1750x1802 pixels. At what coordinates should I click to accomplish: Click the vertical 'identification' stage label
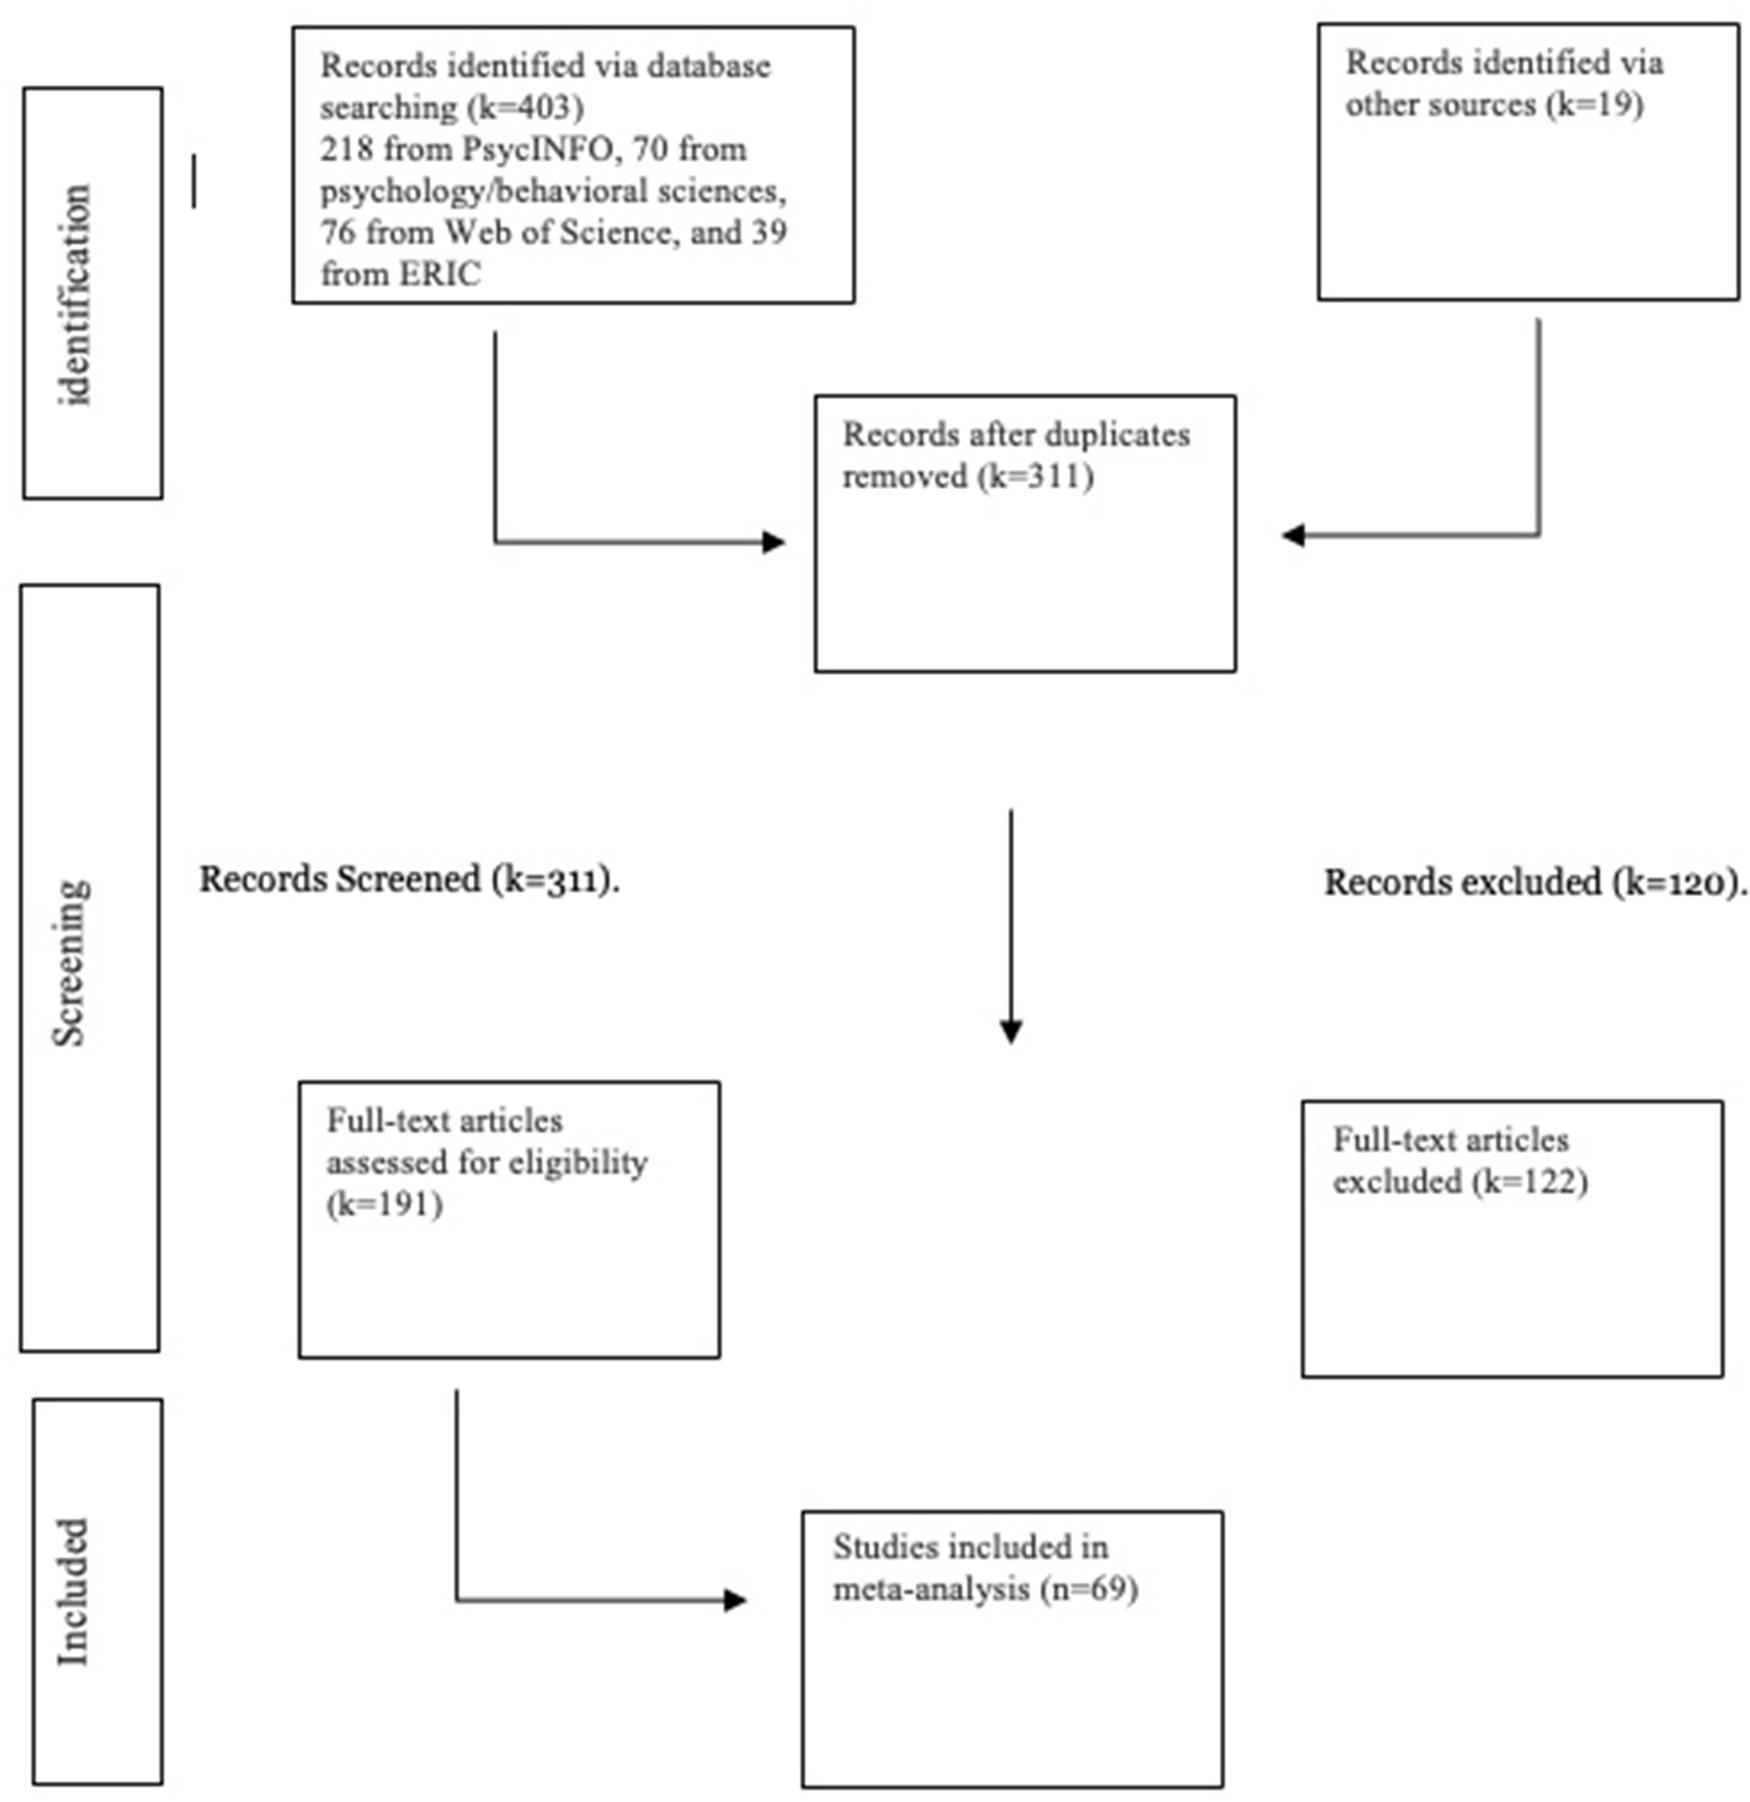[75, 294]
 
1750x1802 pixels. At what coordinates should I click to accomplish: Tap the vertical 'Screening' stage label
[71, 962]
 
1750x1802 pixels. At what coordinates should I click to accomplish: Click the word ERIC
[440, 274]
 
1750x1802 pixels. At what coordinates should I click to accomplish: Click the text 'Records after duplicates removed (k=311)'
[1015, 455]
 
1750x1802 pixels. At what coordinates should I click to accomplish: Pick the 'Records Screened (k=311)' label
[409, 879]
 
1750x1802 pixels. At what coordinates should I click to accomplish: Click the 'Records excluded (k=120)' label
[1534, 882]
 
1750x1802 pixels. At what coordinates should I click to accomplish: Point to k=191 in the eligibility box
[385, 1204]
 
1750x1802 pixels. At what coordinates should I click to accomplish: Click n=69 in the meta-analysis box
[1090, 1589]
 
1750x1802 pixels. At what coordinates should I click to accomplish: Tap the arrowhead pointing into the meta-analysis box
[735, 1599]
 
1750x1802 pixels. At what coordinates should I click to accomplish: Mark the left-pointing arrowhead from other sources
[1293, 535]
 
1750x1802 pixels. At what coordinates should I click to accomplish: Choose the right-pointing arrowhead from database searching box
[773, 541]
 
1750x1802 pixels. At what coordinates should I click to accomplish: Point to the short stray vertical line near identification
[194, 181]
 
